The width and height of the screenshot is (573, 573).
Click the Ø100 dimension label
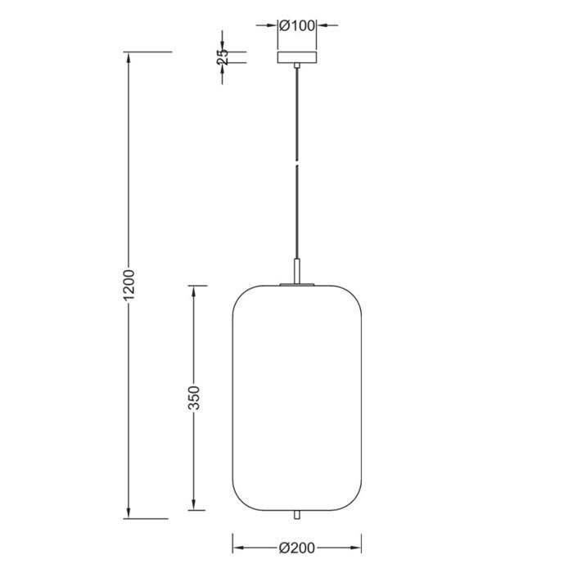point(296,25)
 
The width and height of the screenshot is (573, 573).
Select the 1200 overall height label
point(129,286)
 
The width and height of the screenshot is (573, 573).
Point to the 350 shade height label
point(195,399)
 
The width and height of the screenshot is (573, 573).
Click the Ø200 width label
point(297,548)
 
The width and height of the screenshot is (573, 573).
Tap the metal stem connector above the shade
point(297,271)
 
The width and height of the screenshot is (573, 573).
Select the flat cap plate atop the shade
point(297,285)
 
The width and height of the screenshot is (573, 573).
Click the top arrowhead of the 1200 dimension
point(129,57)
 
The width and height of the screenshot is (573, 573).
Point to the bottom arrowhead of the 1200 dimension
point(129,513)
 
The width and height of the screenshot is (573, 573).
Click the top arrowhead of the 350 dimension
point(193,291)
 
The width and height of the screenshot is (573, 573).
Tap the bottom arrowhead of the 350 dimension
point(193,503)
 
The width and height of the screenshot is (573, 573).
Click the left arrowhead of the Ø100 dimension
point(273,25)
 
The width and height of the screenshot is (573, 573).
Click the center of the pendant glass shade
point(297,397)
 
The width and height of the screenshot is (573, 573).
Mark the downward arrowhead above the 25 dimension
point(223,45)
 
